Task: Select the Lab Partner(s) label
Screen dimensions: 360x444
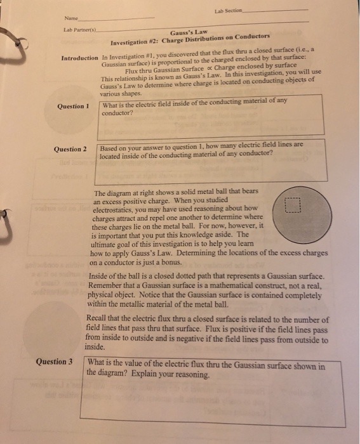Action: tap(81, 31)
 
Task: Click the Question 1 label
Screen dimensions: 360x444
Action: tap(71, 106)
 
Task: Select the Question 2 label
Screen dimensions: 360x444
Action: tap(70, 150)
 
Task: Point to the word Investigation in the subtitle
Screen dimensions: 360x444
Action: tap(131, 42)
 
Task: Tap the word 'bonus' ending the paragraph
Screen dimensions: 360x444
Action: tap(177, 261)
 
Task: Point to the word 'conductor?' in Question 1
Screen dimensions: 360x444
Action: tap(117, 114)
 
